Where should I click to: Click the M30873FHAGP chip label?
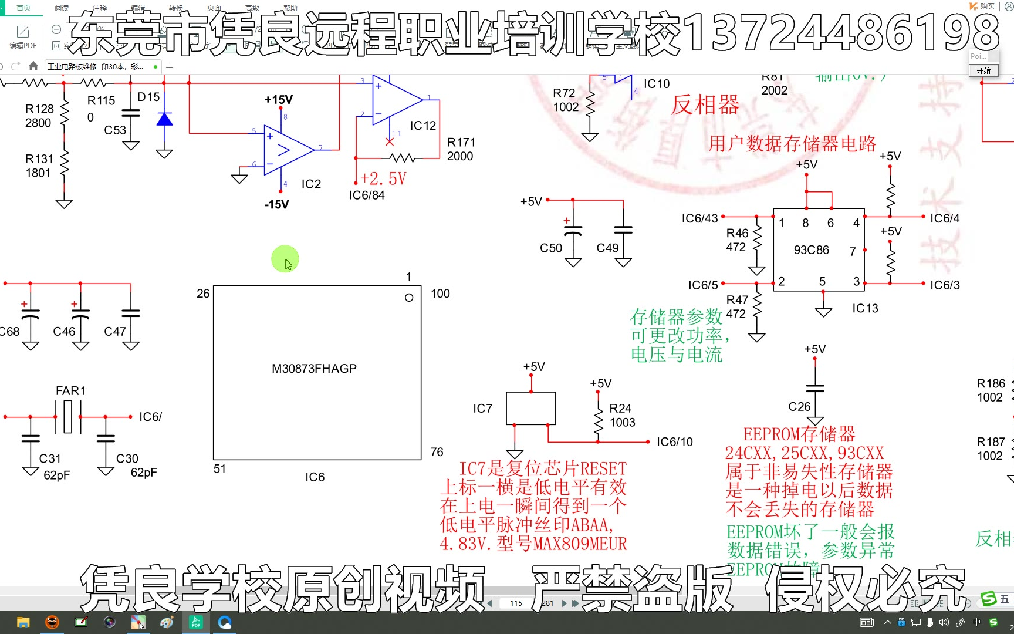point(314,369)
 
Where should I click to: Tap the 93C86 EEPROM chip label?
point(811,250)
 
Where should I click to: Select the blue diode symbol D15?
point(164,120)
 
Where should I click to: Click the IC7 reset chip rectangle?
point(530,408)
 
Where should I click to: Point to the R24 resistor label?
point(620,408)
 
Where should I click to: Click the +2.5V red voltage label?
point(383,178)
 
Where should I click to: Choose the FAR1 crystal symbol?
point(68,416)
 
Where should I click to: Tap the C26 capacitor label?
point(799,406)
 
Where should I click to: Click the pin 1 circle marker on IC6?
point(409,298)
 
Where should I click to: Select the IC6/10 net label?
point(674,441)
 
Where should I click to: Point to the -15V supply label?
point(276,204)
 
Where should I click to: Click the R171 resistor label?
point(461,142)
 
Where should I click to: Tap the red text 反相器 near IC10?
point(705,105)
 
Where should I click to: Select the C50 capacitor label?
point(551,248)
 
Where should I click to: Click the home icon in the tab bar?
point(33,66)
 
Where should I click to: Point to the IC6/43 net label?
point(699,218)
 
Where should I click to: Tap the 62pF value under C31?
point(57,475)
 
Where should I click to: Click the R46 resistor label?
point(737,233)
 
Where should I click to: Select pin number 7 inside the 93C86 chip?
point(853,251)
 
